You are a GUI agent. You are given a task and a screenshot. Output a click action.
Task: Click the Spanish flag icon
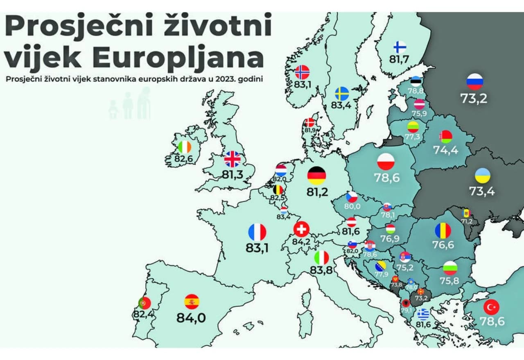[192, 301]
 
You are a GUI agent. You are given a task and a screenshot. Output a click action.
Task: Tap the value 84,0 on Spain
[191, 318]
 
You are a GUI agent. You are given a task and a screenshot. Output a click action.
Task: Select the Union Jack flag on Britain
[233, 159]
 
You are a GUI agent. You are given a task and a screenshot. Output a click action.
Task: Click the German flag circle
[316, 175]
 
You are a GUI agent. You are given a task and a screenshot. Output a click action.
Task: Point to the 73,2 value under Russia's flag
[474, 99]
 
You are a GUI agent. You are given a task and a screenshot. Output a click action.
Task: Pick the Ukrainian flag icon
[482, 175]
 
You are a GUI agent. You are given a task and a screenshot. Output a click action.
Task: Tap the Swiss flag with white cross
[302, 230]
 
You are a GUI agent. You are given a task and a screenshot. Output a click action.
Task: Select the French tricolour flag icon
[257, 232]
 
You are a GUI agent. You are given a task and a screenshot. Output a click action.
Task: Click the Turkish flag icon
[491, 307]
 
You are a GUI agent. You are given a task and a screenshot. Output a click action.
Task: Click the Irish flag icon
[185, 147]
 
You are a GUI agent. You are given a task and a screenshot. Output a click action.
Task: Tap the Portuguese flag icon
[145, 303]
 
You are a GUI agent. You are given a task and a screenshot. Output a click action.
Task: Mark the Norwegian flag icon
[302, 72]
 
